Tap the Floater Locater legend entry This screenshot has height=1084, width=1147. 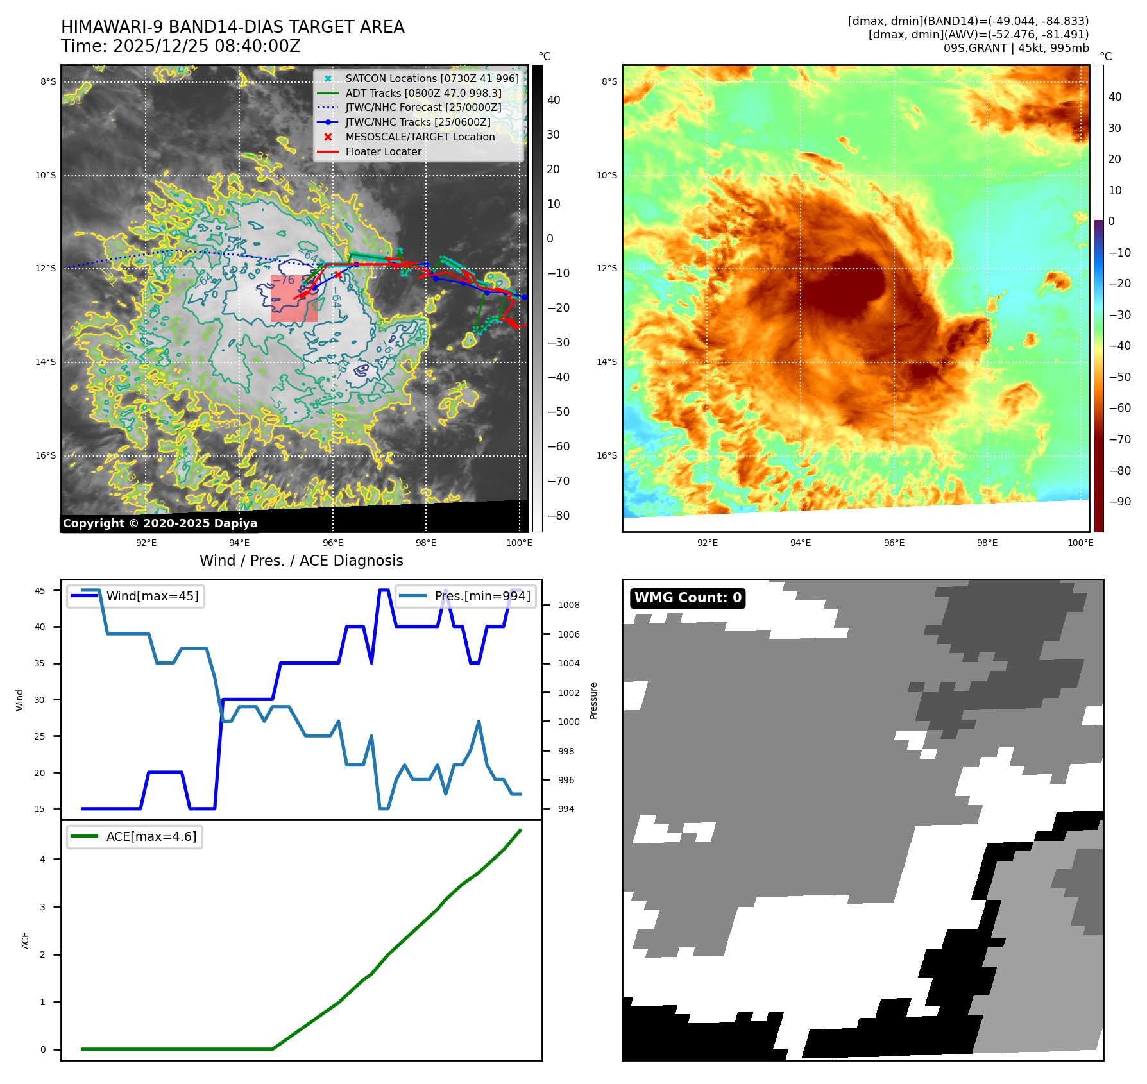(383, 151)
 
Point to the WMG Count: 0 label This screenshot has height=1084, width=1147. (688, 598)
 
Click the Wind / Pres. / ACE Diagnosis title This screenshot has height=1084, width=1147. (302, 561)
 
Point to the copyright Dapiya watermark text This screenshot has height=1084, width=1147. (160, 523)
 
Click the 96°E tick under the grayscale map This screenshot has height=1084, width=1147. (333, 543)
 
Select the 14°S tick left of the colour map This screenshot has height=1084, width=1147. (607, 362)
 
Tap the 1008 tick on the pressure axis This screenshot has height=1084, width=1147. (568, 605)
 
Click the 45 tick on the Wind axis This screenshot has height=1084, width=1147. (40, 591)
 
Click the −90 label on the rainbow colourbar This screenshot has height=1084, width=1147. (1119, 502)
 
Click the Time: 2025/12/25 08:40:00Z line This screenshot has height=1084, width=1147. (181, 46)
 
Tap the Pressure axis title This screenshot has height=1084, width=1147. (593, 700)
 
